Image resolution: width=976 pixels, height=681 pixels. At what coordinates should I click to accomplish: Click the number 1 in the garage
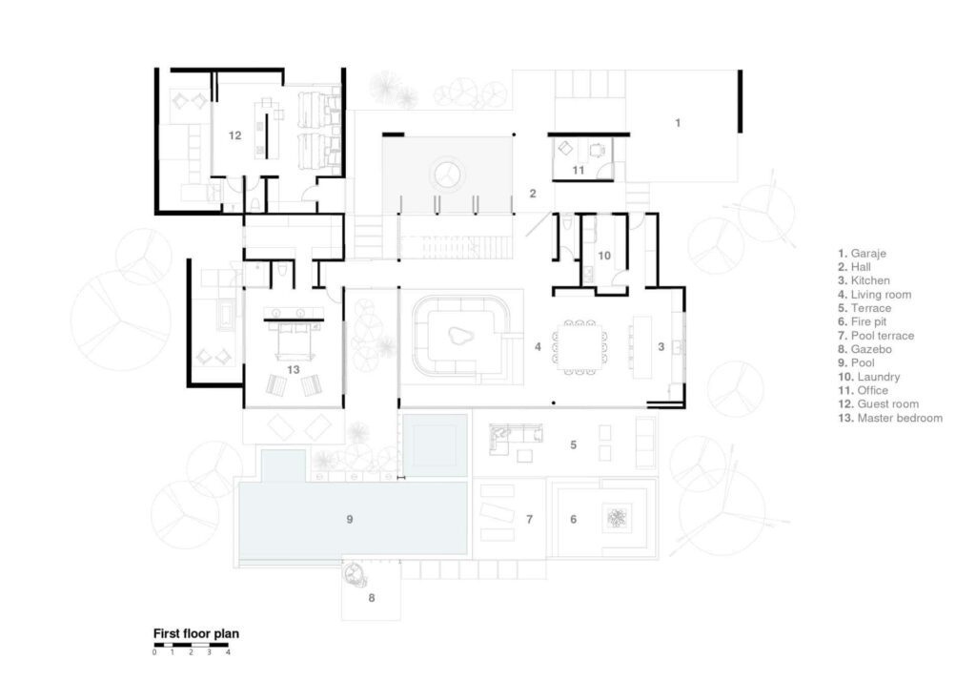(x=678, y=123)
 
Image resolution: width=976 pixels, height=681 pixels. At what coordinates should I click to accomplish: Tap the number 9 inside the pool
(x=350, y=519)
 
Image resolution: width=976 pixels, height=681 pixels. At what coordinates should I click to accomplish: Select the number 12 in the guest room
(x=234, y=135)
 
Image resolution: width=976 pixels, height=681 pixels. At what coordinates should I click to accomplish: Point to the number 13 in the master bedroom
(x=294, y=369)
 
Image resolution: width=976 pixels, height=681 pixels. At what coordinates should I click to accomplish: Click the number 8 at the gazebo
(x=372, y=597)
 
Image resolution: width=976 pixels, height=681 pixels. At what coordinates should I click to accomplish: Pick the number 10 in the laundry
(x=603, y=256)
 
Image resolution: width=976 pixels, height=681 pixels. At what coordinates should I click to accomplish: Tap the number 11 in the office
(x=579, y=170)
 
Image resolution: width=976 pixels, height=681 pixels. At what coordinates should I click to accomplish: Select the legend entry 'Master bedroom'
(x=890, y=418)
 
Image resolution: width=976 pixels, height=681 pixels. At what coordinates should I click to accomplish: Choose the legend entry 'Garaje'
(x=862, y=253)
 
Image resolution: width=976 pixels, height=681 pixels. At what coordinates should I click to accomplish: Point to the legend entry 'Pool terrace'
(x=876, y=335)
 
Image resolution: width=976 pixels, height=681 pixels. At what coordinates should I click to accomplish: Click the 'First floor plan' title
(x=196, y=633)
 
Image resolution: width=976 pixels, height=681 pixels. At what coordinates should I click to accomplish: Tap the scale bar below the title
(x=191, y=645)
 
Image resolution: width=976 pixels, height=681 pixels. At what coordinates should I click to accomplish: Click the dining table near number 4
(x=579, y=347)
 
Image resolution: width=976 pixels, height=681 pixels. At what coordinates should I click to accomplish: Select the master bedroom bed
(x=294, y=340)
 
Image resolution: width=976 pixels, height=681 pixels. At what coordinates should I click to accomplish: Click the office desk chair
(x=597, y=149)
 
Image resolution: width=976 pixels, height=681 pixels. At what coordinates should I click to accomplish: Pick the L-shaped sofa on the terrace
(x=515, y=437)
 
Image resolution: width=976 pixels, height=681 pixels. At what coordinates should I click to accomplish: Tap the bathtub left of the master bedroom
(x=224, y=315)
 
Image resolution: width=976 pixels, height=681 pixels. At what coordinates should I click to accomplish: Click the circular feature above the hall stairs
(x=448, y=174)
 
